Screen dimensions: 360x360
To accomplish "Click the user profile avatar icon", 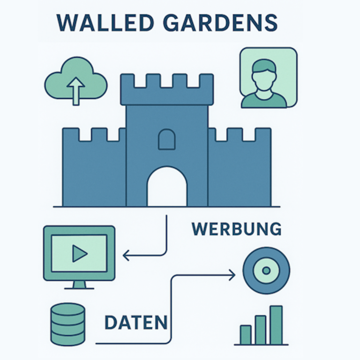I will [268, 78].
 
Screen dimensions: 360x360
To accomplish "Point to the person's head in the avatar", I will [264, 75].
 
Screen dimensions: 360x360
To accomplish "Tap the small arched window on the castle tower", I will [167, 139].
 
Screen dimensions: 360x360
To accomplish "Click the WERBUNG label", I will [236, 229].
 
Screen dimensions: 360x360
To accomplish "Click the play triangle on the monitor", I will [80, 254].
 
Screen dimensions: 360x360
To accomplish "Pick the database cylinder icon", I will [67, 323].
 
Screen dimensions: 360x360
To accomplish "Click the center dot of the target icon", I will [266, 270].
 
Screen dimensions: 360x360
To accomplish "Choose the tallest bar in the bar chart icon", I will [276, 325].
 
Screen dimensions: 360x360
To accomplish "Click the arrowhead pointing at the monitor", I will [126, 255].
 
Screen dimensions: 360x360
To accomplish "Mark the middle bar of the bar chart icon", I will [261, 330].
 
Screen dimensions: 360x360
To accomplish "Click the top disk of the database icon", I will [67, 309].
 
